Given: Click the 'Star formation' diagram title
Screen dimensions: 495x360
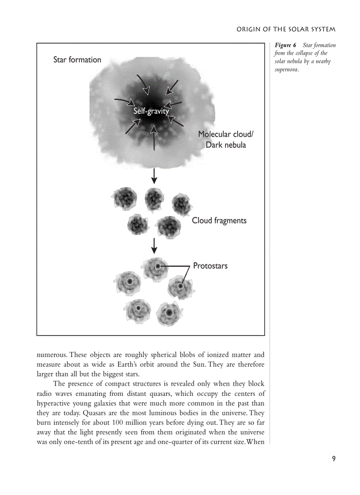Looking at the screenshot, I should (x=77, y=60).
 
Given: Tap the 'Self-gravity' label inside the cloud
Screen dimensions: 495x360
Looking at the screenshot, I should (x=151, y=111).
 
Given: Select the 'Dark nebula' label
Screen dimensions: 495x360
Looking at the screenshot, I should (x=226, y=145).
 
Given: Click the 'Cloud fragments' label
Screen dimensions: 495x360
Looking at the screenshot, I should (x=219, y=220).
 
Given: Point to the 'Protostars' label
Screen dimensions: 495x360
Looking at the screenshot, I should (x=210, y=266).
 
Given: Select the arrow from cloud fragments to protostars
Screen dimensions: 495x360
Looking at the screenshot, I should (x=154, y=246).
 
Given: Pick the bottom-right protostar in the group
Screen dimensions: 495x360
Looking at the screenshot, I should (x=168, y=313).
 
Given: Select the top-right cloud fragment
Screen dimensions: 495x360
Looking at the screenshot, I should (x=181, y=203).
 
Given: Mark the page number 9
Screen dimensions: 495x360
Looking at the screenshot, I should (x=334, y=459).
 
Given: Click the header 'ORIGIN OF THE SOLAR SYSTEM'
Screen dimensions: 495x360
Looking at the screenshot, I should (x=286, y=30).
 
